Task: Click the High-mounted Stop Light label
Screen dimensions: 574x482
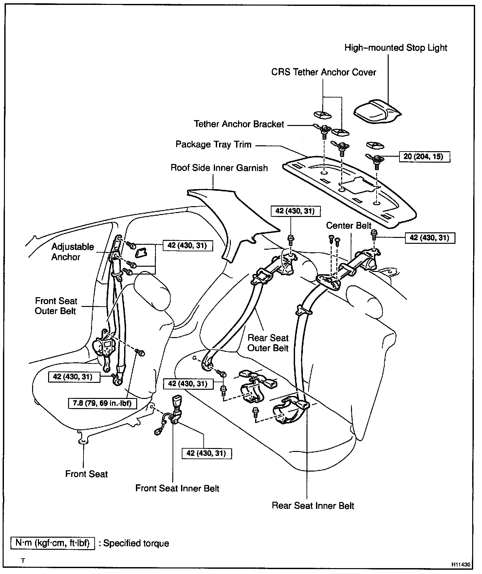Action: tap(396, 48)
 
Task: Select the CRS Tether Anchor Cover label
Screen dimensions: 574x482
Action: tap(324, 72)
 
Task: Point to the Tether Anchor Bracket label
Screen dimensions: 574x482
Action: tap(239, 124)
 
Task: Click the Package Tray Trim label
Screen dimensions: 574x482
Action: tap(213, 145)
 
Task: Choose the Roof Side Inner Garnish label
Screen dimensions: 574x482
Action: tap(219, 168)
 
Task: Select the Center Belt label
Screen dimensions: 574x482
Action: tap(349, 226)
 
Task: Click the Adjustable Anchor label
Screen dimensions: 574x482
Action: tap(72, 252)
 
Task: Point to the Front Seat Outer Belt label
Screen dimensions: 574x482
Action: tap(56, 306)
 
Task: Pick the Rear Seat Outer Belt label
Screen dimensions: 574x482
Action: tap(268, 343)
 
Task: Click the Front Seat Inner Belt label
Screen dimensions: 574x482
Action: tap(177, 489)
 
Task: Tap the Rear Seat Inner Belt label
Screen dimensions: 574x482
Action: tap(313, 506)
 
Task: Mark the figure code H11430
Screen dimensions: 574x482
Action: tap(461, 565)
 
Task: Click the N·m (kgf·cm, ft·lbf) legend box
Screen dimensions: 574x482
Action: tap(53, 543)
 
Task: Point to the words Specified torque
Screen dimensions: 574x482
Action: tap(136, 544)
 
